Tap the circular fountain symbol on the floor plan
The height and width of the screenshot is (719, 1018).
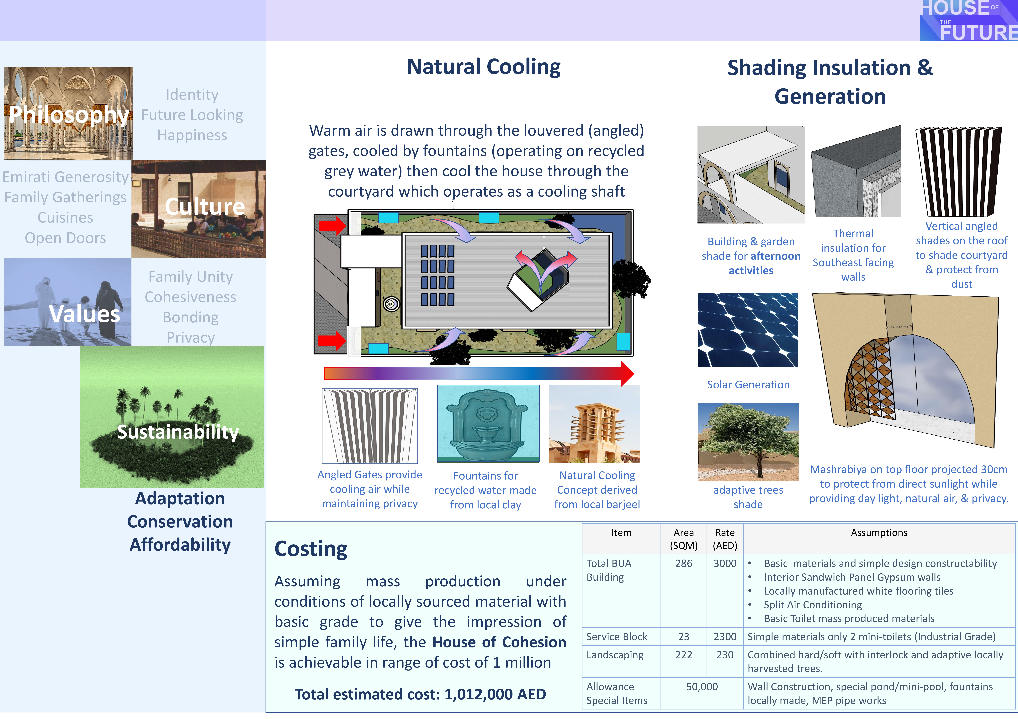pos(391,304)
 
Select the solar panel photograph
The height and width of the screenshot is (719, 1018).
pos(748,330)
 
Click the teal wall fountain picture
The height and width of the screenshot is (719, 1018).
pos(488,424)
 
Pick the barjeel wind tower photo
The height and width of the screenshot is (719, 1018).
pos(594,424)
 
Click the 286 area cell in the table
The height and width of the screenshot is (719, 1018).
pos(684,564)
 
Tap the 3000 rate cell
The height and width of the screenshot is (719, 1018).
pos(725,564)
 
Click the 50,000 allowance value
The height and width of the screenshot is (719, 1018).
pos(702,687)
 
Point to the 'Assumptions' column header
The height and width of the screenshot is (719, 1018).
pos(879,533)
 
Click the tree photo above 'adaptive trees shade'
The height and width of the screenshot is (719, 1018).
pos(748,442)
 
